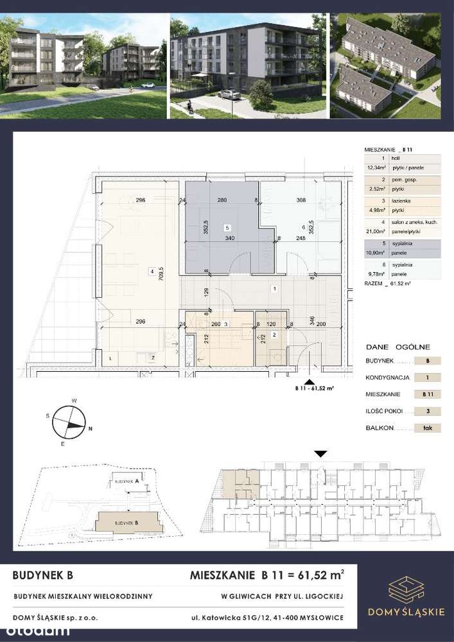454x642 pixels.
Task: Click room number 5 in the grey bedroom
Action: (226, 227)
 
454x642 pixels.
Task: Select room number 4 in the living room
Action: (152, 271)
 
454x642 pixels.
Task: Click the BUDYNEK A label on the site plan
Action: (127, 480)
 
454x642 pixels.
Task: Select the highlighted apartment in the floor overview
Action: (240, 485)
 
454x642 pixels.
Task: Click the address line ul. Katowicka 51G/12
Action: (266, 618)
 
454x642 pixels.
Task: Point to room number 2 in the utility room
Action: (274, 335)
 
